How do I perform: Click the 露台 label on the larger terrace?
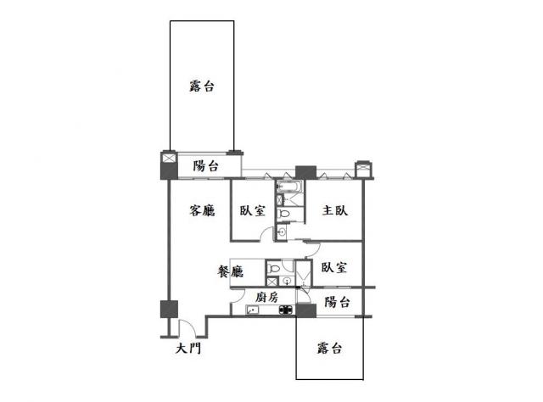tap(202, 86)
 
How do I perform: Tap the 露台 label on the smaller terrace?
tap(329, 348)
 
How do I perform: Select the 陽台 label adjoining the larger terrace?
tap(205, 166)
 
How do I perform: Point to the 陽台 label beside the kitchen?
tap(337, 302)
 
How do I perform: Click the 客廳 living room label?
tap(202, 210)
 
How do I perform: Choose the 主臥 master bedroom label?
tap(335, 210)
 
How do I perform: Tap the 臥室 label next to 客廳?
tap(253, 210)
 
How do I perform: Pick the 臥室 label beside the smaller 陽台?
tap(333, 267)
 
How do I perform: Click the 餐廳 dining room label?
tap(230, 271)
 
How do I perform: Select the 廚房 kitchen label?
tap(266, 297)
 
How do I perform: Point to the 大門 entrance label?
tap(188, 348)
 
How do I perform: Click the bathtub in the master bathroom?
tap(289, 187)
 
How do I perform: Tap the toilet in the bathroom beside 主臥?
tap(285, 214)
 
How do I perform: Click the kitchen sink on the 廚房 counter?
tap(252, 310)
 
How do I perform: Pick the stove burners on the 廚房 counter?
tap(286, 310)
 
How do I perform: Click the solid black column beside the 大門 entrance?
tap(169, 310)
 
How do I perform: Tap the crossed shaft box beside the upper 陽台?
tap(170, 159)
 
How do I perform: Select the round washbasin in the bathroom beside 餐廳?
tap(287, 281)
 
